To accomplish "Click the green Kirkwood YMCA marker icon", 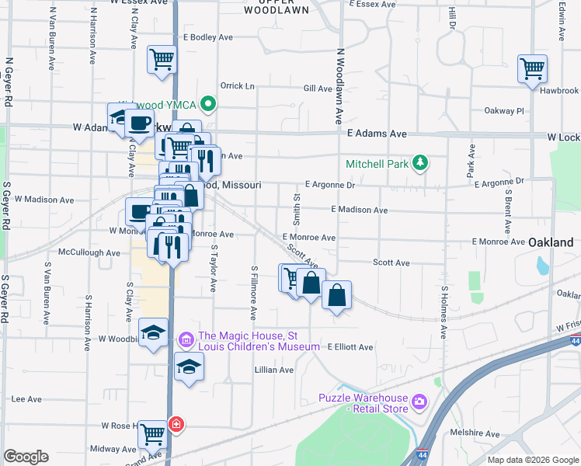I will [x=207, y=103].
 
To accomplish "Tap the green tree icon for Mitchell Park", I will [x=420, y=162].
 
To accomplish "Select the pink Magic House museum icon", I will [x=186, y=339].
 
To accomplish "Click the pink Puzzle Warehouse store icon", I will [x=419, y=401].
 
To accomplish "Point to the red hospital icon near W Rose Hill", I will [x=177, y=425].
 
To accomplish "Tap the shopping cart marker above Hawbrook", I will [x=533, y=68].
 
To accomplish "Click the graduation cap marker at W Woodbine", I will [x=154, y=332].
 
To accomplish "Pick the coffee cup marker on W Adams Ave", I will [x=140, y=123].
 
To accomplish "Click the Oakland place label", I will [x=551, y=242].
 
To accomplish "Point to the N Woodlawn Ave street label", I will [x=339, y=86].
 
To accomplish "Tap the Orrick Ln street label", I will [x=238, y=86].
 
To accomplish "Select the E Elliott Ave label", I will [x=350, y=347].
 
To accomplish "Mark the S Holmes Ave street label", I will [x=444, y=311].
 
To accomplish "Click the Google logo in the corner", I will [x=26, y=457].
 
